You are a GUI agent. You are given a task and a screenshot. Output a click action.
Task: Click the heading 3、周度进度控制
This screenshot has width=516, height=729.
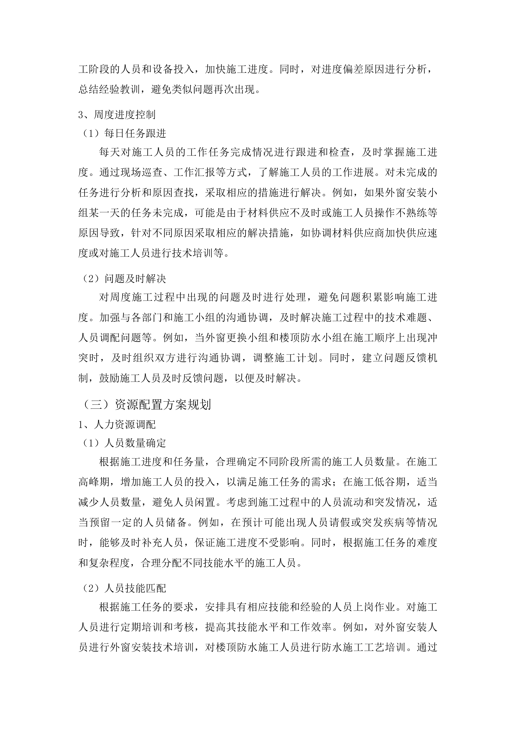pos(117,115)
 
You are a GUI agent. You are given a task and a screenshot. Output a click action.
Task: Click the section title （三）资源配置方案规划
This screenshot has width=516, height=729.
pos(146,405)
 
